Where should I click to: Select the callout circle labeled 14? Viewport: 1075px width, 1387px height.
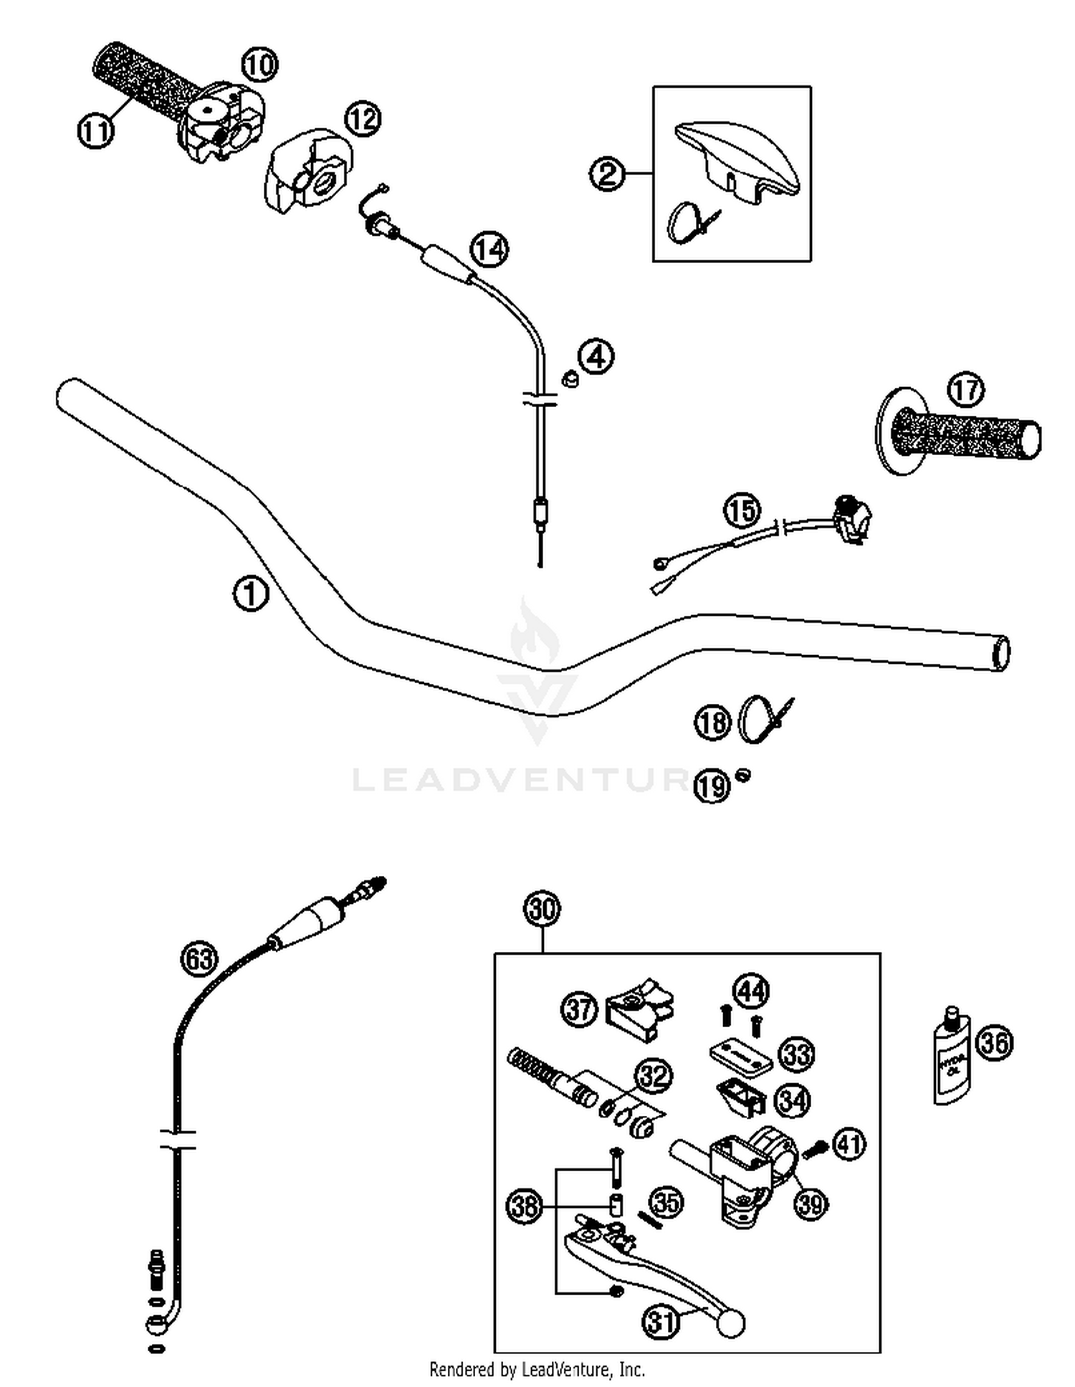(489, 249)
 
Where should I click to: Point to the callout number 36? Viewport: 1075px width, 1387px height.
(995, 1042)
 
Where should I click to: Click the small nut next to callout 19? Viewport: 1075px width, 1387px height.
(743, 775)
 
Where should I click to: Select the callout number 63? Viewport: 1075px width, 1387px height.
(199, 958)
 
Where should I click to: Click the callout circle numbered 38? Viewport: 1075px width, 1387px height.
(524, 1206)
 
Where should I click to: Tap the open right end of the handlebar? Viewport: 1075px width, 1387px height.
(1000, 653)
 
